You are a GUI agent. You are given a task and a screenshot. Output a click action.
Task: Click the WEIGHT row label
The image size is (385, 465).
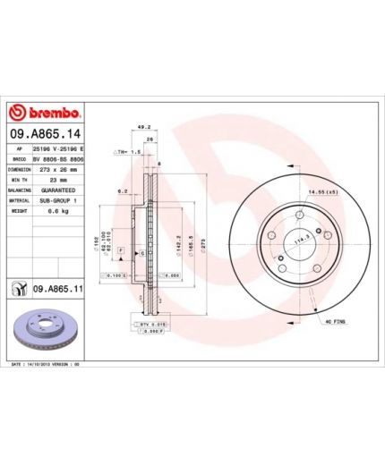(x=18, y=213)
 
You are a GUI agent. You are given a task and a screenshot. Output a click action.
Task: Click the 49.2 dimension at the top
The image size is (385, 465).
(x=143, y=128)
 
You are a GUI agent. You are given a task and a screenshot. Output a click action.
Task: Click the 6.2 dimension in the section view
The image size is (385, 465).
(x=121, y=191)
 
